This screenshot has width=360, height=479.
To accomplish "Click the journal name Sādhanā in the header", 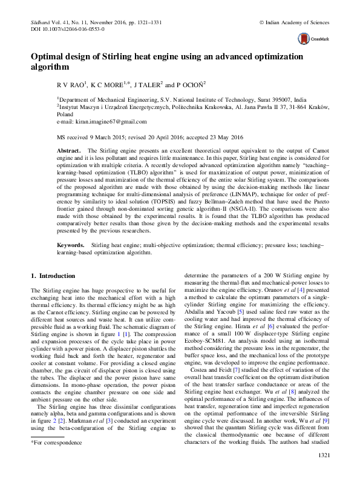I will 42,21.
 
